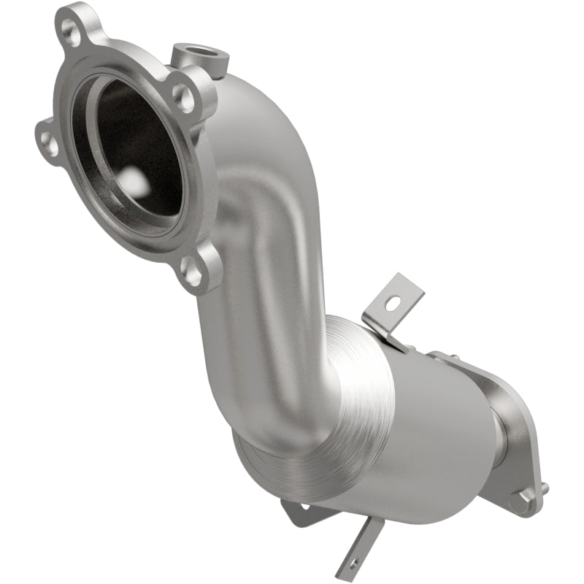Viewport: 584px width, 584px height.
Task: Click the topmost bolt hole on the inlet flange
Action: point(72,31)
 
